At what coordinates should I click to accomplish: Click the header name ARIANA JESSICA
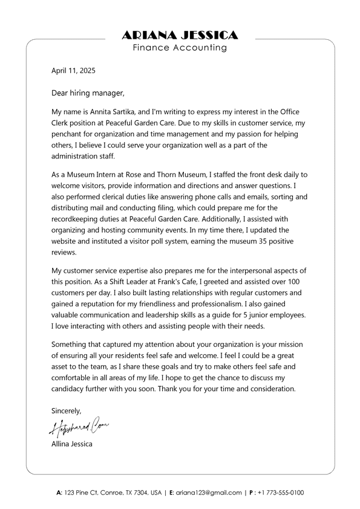[180, 35]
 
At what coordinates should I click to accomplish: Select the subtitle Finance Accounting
[180, 48]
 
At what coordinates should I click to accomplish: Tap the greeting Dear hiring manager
[88, 93]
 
